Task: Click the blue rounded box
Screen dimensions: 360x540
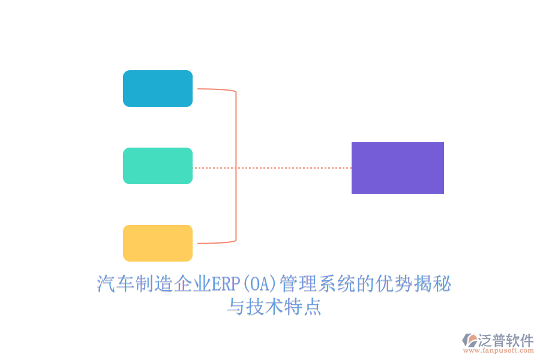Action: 158,89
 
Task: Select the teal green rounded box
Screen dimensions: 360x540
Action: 158,166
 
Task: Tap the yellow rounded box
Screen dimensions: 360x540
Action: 158,243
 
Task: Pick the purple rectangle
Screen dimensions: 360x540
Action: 397,168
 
